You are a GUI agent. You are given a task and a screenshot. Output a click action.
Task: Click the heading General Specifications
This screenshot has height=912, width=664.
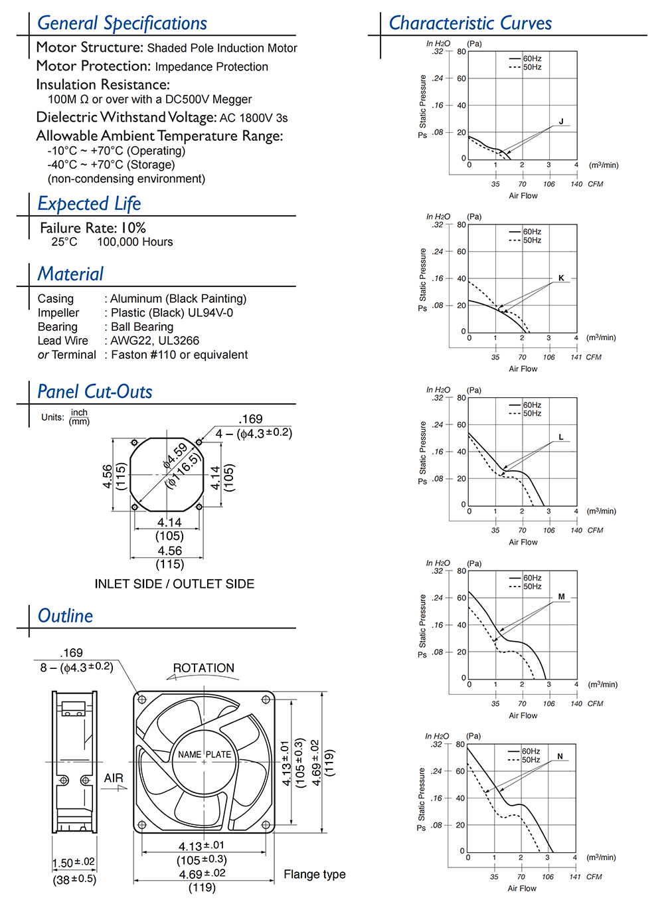click(122, 23)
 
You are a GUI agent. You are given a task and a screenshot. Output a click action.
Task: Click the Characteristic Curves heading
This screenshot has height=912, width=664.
click(470, 23)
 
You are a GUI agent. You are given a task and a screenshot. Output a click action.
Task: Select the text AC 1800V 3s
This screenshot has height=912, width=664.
click(254, 118)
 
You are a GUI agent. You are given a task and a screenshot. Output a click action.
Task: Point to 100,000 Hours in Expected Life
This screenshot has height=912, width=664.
click(135, 242)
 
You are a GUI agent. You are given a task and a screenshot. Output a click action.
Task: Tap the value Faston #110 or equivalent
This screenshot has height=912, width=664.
click(179, 355)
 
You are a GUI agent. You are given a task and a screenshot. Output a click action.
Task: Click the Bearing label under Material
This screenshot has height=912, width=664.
click(58, 327)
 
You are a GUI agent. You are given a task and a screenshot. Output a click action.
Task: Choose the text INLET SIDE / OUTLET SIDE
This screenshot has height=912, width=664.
click(174, 584)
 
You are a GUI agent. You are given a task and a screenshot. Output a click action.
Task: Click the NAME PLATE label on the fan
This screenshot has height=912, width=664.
click(205, 755)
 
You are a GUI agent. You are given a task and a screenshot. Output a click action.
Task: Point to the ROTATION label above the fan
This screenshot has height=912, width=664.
click(203, 668)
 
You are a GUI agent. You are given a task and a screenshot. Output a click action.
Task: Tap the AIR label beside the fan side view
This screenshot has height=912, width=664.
click(114, 778)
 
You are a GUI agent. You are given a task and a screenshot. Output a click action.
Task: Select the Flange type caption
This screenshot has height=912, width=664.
click(315, 874)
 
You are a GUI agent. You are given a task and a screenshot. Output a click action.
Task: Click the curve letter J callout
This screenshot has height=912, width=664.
click(561, 122)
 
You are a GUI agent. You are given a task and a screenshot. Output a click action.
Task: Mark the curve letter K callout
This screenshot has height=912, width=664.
click(561, 278)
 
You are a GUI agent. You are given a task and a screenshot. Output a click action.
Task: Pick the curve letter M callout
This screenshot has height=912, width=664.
click(561, 596)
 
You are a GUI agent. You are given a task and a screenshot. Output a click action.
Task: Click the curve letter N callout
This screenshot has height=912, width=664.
click(560, 757)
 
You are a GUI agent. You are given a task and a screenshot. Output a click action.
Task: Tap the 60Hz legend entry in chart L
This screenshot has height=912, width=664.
click(532, 405)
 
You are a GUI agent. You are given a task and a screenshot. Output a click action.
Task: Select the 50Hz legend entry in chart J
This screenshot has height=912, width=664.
click(532, 67)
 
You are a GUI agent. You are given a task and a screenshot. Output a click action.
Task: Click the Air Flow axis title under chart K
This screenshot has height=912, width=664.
click(523, 369)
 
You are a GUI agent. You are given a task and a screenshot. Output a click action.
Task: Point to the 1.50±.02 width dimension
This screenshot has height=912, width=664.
click(74, 863)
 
